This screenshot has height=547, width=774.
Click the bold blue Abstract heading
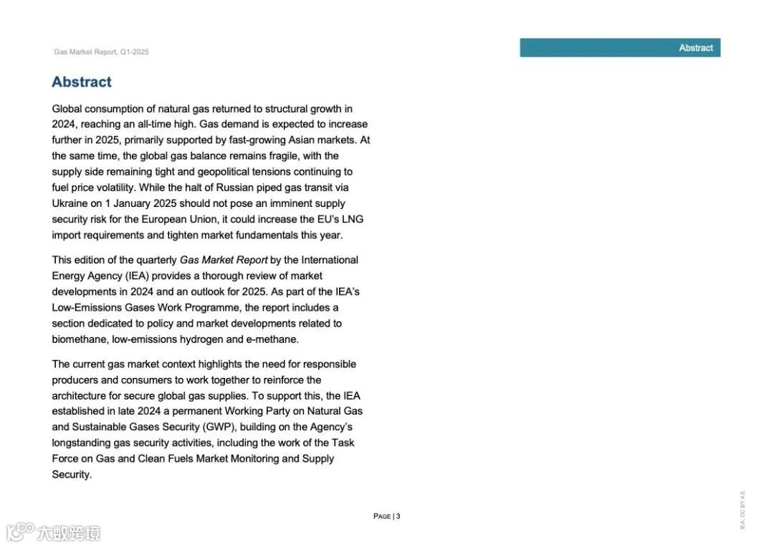click(x=82, y=82)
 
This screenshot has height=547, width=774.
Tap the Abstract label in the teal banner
click(x=696, y=48)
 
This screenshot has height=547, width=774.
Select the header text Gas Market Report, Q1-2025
click(x=101, y=52)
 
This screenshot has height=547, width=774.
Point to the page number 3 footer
click(x=387, y=516)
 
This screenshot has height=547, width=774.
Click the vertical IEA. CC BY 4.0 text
click(x=742, y=509)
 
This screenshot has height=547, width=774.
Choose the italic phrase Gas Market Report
click(x=224, y=260)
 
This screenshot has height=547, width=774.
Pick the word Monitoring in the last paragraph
click(x=254, y=459)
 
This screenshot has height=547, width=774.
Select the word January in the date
click(x=137, y=203)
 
